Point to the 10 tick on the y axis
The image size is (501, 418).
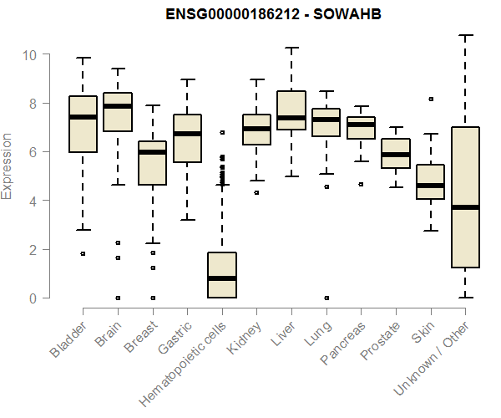click(29, 55)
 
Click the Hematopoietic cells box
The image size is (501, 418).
click(221, 275)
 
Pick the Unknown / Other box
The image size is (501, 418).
click(465, 197)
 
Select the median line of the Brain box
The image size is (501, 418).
click(117, 106)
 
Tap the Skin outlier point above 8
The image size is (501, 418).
click(430, 99)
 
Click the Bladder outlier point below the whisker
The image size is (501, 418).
click(83, 253)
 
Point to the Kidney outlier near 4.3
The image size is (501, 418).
click(256, 192)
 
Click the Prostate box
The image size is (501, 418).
click(396, 153)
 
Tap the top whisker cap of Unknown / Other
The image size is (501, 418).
click(465, 36)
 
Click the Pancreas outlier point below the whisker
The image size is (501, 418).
click(361, 184)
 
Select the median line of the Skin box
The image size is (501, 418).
click(430, 185)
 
